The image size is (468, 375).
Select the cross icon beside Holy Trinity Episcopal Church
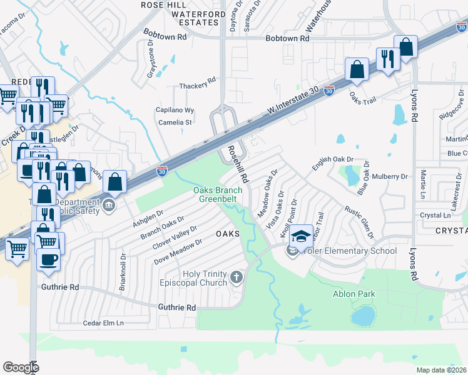coord(236,277)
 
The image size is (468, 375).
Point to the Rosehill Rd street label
coord(238,164)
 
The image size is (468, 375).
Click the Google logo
coord(21,367)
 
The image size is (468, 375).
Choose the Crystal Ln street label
coord(435,215)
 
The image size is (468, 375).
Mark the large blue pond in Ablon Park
coord(362,317)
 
